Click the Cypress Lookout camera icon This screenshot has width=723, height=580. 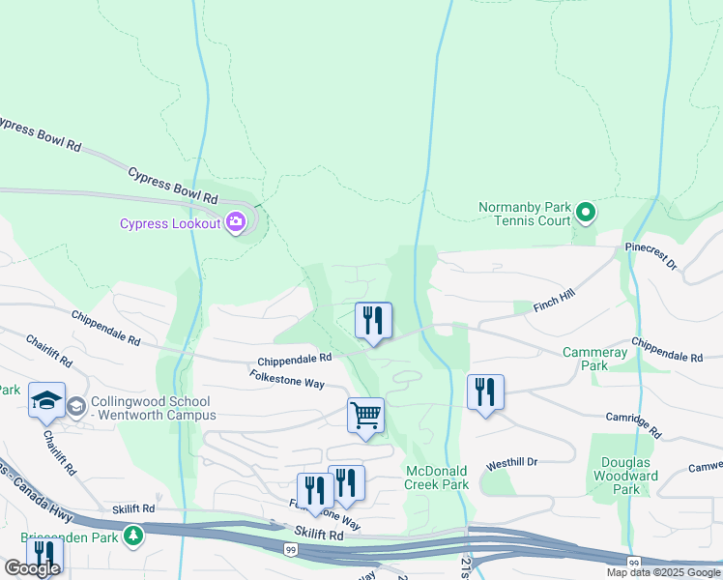tap(236, 223)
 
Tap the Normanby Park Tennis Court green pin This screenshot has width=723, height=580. tap(585, 211)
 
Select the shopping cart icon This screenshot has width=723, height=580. tap(365, 417)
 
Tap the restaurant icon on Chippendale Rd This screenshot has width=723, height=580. tap(373, 321)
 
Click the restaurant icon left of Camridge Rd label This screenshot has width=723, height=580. tap(484, 392)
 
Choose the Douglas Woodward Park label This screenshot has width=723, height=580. tap(626, 476)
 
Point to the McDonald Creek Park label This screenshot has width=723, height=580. tap(437, 478)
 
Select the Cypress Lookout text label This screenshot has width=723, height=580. tap(170, 224)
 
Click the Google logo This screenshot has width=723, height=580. tap(31, 569)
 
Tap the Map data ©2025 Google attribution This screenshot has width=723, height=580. tap(664, 572)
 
